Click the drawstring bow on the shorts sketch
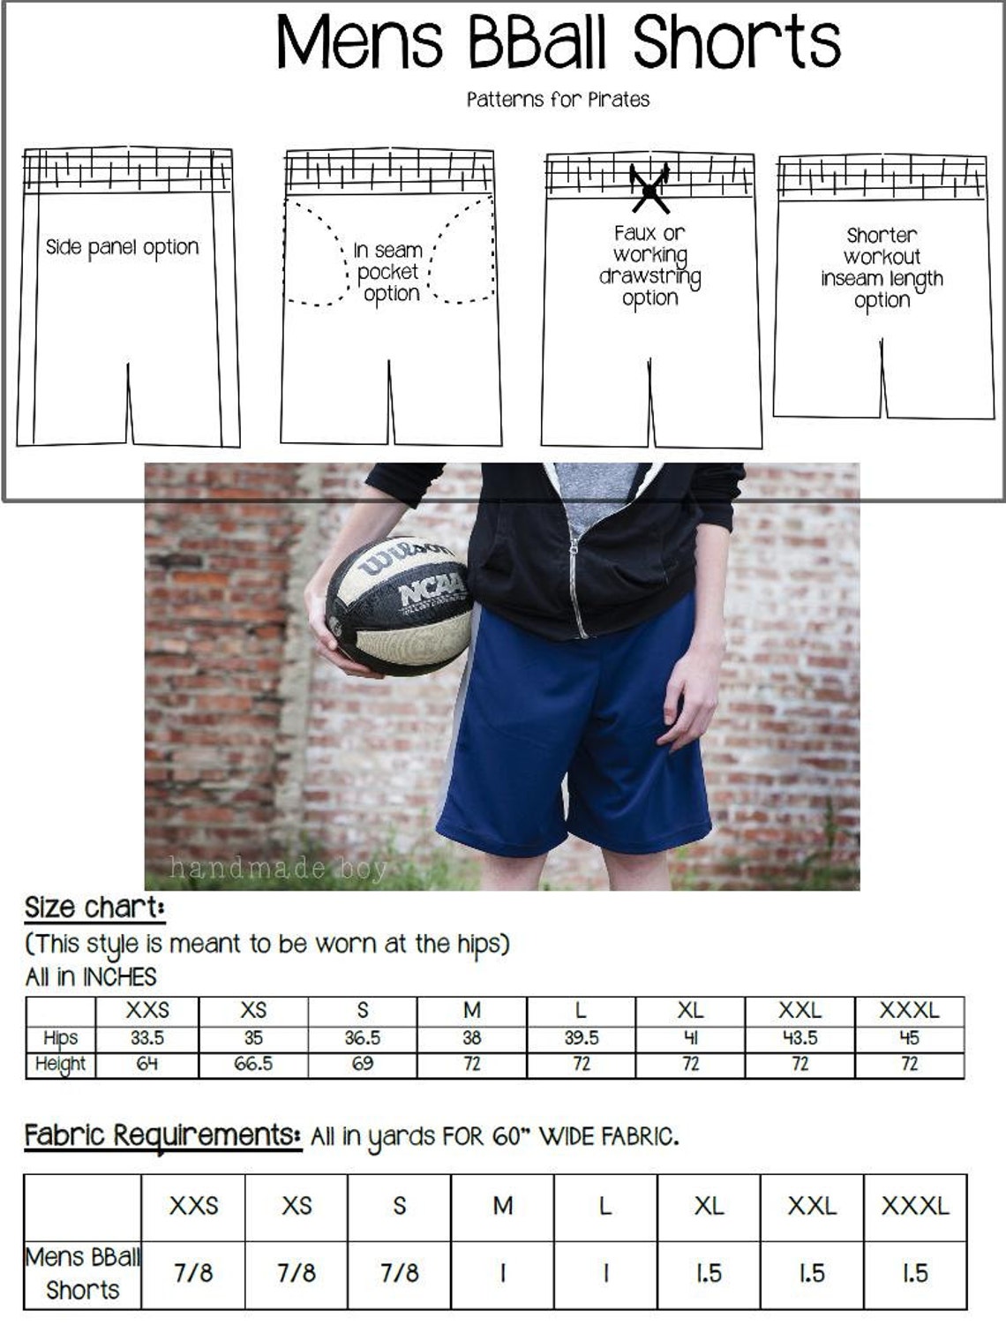[649, 188]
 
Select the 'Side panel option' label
[122, 248]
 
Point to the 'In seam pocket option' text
[388, 272]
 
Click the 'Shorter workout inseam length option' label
[882, 267]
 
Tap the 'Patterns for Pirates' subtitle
[558, 100]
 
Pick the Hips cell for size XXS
[146, 1038]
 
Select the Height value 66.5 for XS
[253, 1064]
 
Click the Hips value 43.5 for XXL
[800, 1038]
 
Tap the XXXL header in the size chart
[909, 1011]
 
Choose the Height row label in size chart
[60, 1064]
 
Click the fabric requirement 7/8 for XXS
[193, 1272]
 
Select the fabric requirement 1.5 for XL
[709, 1272]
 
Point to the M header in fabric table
[502, 1205]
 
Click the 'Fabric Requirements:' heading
[162, 1135]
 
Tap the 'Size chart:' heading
[94, 908]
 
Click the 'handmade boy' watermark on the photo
[279, 869]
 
